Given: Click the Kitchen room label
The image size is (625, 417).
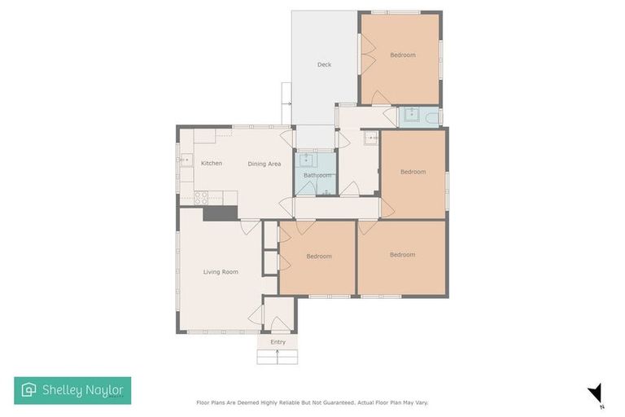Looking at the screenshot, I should (x=212, y=164).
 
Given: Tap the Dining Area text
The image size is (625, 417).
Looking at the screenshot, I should (x=264, y=165).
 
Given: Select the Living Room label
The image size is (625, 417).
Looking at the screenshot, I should (x=221, y=272).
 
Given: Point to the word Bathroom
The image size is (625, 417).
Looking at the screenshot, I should (x=317, y=175).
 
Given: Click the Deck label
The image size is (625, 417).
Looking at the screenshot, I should (x=324, y=64).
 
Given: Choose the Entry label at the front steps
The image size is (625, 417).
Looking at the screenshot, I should (x=278, y=342).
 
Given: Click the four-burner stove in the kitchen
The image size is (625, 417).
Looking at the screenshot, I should (x=201, y=197).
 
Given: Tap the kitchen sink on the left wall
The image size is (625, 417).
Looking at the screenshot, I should (x=185, y=161).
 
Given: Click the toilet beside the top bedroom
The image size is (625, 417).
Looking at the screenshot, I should (x=430, y=116).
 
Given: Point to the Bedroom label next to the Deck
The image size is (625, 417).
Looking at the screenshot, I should (x=402, y=55).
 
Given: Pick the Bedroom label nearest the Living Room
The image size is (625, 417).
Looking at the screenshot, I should (x=319, y=257).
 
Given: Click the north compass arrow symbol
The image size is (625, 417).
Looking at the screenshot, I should (x=596, y=393).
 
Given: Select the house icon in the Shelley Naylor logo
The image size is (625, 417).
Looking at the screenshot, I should (x=29, y=390).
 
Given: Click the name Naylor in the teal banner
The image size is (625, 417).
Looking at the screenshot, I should (x=103, y=390).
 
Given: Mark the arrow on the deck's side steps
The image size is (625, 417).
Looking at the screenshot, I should (x=286, y=103).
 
